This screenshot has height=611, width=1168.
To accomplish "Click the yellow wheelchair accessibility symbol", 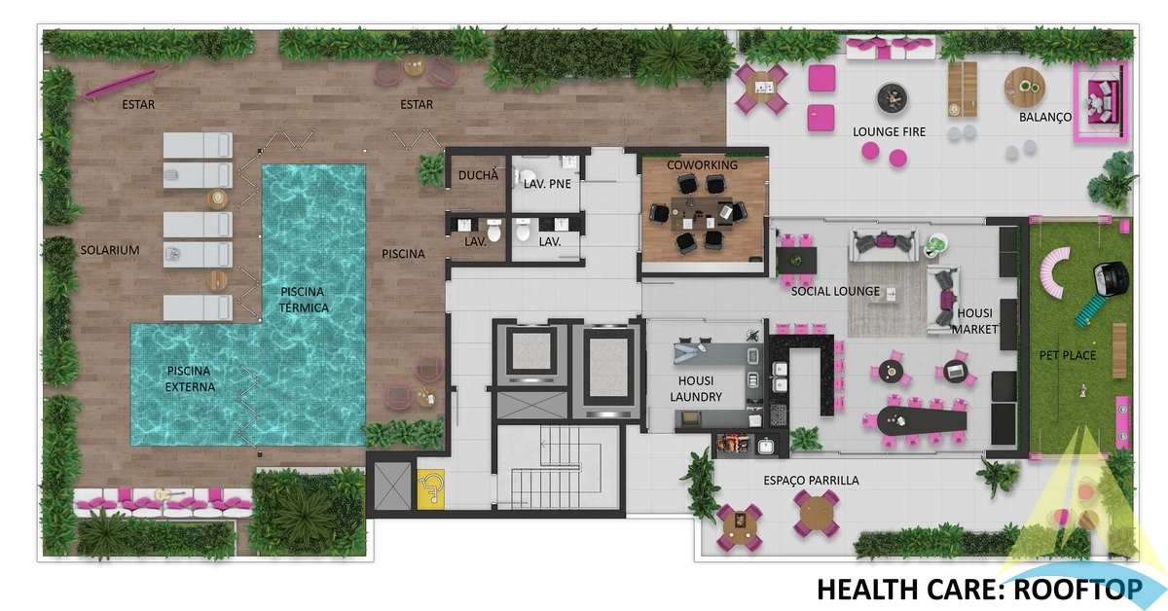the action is pos(430,488).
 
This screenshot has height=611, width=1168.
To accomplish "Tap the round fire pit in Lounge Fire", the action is pos(892,98).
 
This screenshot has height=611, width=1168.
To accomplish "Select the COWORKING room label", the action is pos(702,165).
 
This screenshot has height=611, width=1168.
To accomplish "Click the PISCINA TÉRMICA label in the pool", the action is pos(304,300).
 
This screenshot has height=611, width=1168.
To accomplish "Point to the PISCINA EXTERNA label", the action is pos(191,379).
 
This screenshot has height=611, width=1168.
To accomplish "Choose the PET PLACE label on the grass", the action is pos(1068,355).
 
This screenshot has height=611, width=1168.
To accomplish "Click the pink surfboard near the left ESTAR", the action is pos(125,83).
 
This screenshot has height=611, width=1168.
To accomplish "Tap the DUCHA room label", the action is pos(478,176).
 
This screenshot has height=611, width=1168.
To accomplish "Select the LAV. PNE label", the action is pos(547,184).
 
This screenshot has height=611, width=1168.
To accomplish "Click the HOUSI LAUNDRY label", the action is pos(696,389).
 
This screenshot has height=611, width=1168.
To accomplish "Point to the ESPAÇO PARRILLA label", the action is pos(811,481).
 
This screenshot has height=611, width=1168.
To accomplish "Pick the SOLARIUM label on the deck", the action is pos(110,250).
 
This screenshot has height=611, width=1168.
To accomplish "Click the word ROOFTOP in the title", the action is pos(1077,590).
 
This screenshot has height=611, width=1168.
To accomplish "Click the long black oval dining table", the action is pos(922,420).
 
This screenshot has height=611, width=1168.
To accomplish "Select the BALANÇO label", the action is pos(1045,118).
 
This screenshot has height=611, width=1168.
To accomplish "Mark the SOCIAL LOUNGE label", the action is pos(835,292).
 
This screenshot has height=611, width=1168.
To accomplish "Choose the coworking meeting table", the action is pos(703,214).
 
